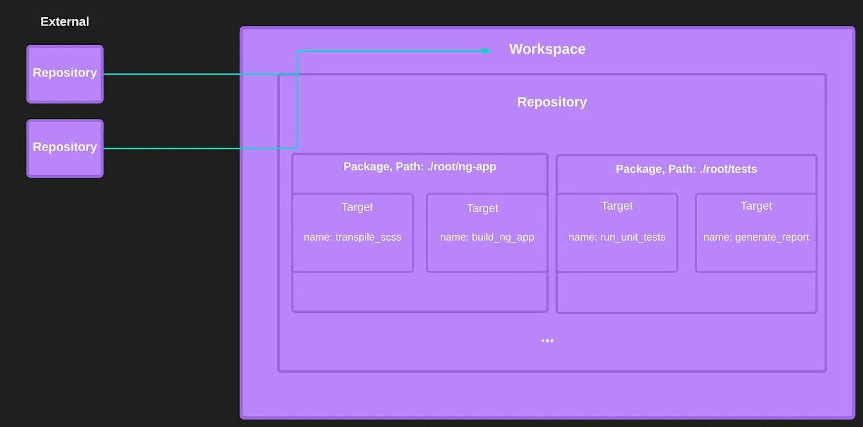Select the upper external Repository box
[x=65, y=74]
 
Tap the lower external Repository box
[x=65, y=148]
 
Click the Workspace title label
[x=547, y=49]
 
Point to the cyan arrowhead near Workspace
[x=486, y=51]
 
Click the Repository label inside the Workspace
[x=552, y=102]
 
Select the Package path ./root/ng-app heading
[x=419, y=167]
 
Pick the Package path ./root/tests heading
[x=686, y=169]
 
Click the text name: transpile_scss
[x=352, y=237]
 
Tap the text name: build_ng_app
[x=487, y=237]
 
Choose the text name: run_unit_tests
[x=617, y=237]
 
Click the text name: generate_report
[x=756, y=237]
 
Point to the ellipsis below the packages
[x=547, y=340]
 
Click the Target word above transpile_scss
[x=357, y=207]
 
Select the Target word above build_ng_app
[x=483, y=208]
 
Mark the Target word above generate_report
[x=756, y=206]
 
